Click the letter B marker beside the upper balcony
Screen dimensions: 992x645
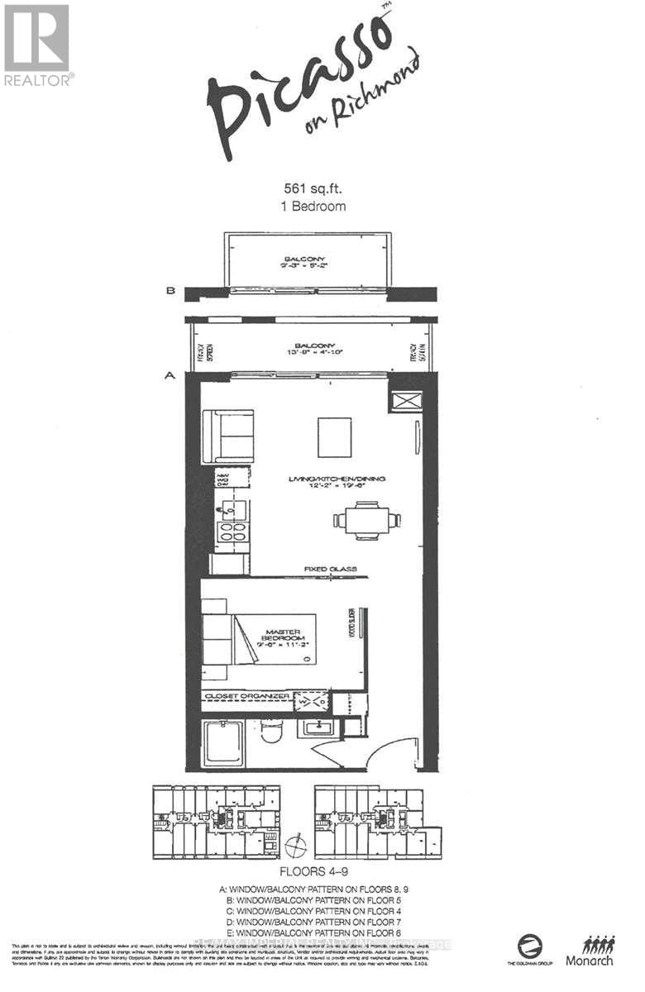(x=170, y=291)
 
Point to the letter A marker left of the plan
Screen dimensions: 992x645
(x=170, y=375)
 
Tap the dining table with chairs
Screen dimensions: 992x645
(x=367, y=520)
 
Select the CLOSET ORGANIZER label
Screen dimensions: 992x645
(x=246, y=696)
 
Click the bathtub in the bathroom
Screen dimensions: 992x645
(x=222, y=742)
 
